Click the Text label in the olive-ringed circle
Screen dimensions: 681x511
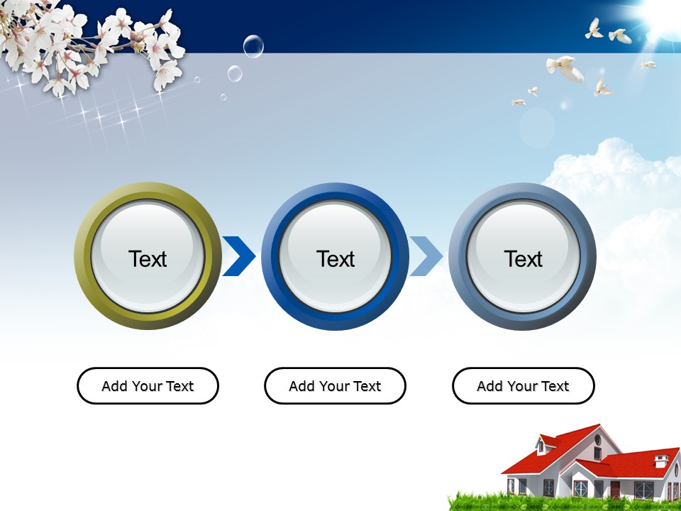tap(148, 259)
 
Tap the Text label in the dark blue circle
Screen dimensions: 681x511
tap(336, 259)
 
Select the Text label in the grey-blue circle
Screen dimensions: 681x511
tap(523, 259)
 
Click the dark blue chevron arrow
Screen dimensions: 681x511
tap(239, 256)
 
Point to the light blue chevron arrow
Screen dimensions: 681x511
tap(427, 256)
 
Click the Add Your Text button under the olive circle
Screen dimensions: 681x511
tap(148, 386)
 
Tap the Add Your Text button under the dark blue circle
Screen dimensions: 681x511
tap(336, 386)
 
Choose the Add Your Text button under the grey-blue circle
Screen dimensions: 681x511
tap(523, 386)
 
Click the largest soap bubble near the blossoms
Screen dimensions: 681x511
tap(253, 46)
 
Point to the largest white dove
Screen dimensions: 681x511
tap(565, 68)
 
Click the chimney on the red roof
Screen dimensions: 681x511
tap(661, 461)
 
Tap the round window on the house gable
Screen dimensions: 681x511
tap(597, 440)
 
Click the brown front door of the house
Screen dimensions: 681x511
tap(615, 490)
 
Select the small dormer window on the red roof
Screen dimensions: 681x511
tap(541, 446)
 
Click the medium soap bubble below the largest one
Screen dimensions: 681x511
tap(235, 73)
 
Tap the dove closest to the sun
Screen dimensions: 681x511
tap(621, 36)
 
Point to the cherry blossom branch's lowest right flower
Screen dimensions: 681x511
tap(167, 75)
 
